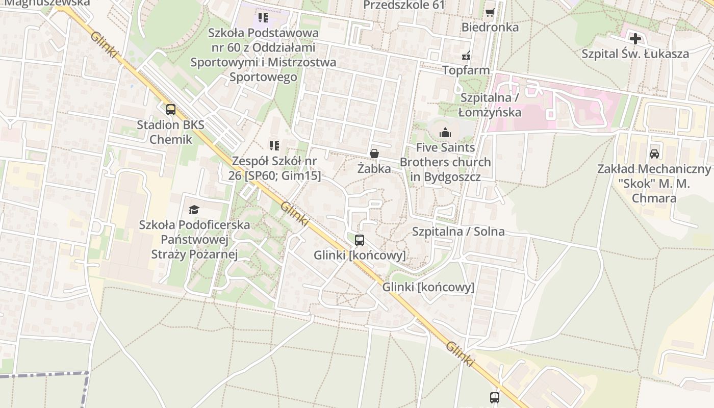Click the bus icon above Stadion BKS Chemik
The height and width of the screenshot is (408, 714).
click(x=171, y=109)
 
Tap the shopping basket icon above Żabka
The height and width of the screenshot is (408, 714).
click(x=374, y=154)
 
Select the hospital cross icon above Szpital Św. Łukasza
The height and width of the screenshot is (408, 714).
click(x=635, y=38)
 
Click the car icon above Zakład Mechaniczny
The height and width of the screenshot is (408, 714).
click(x=654, y=154)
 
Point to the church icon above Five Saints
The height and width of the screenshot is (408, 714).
click(x=445, y=133)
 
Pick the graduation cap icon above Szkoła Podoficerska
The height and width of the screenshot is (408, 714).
click(x=194, y=210)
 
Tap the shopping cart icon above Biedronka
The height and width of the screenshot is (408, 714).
click(x=490, y=12)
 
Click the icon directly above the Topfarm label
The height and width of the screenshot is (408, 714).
click(x=466, y=55)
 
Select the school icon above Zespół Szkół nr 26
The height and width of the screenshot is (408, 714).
click(x=274, y=146)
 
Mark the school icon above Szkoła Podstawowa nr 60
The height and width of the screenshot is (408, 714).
click(x=263, y=18)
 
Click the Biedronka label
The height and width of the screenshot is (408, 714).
click(x=490, y=27)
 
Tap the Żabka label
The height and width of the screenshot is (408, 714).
click(x=374, y=168)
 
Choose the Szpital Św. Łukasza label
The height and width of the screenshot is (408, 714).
click(x=635, y=54)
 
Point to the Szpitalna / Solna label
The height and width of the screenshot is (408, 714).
click(x=458, y=231)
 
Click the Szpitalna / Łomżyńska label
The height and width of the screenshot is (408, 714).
click(x=490, y=105)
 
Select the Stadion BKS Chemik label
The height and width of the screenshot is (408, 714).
click(x=171, y=132)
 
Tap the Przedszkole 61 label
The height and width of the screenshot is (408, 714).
click(x=404, y=5)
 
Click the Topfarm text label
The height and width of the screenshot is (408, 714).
click(x=466, y=70)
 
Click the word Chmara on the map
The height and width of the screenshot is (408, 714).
click(x=654, y=198)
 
